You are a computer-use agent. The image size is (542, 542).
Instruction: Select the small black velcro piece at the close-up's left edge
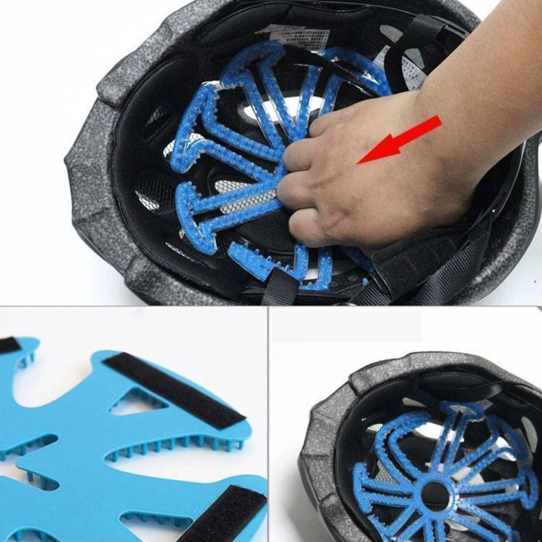pyautogui.click(x=8, y=345)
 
